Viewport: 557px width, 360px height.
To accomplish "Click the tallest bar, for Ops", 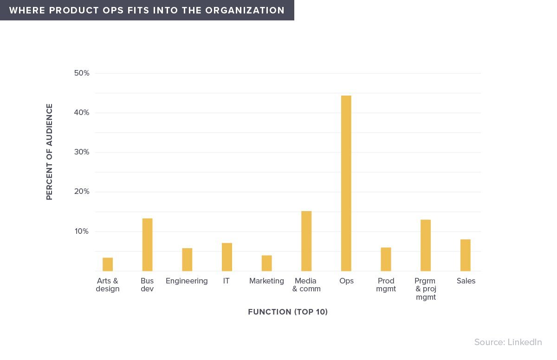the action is coord(346,183).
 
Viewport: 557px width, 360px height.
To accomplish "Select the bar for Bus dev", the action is coord(148,245).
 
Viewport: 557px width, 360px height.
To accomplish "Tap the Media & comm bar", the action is coord(306,241).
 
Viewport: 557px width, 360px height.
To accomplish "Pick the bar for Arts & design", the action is coord(108,264).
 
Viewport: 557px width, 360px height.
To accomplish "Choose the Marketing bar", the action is coord(266,263).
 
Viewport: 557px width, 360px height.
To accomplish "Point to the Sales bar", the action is coord(466,255).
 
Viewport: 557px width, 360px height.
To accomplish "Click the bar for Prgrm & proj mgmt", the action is coord(426,245).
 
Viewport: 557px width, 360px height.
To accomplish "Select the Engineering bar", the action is coord(187,260).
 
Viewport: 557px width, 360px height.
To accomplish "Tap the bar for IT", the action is coord(227,257).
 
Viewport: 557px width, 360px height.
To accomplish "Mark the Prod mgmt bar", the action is coord(386,259).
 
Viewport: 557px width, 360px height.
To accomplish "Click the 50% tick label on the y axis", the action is coord(82,73).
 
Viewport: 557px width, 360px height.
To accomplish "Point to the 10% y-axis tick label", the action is coord(82,231).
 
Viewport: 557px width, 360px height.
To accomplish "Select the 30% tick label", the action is coord(82,152).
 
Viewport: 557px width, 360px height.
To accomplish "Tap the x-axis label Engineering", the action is coord(187,281).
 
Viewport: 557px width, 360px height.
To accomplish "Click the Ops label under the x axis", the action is coord(346,281).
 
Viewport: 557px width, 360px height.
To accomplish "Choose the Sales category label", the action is coord(466,281).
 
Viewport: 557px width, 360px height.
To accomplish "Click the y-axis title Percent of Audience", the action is coord(50,152).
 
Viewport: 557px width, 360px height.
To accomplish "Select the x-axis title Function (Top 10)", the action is coord(288,312).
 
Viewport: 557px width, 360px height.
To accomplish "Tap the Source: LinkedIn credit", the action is coord(508,342).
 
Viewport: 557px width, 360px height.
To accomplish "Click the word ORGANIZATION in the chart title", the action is coord(245,10).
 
